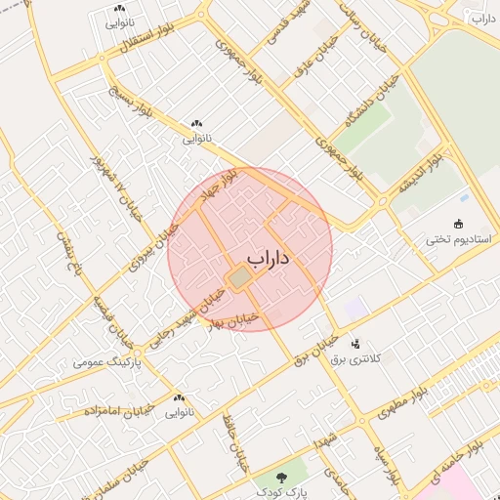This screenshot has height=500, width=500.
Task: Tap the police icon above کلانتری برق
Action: pos(354,344)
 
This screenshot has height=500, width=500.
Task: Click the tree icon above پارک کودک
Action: pos(281,479)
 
